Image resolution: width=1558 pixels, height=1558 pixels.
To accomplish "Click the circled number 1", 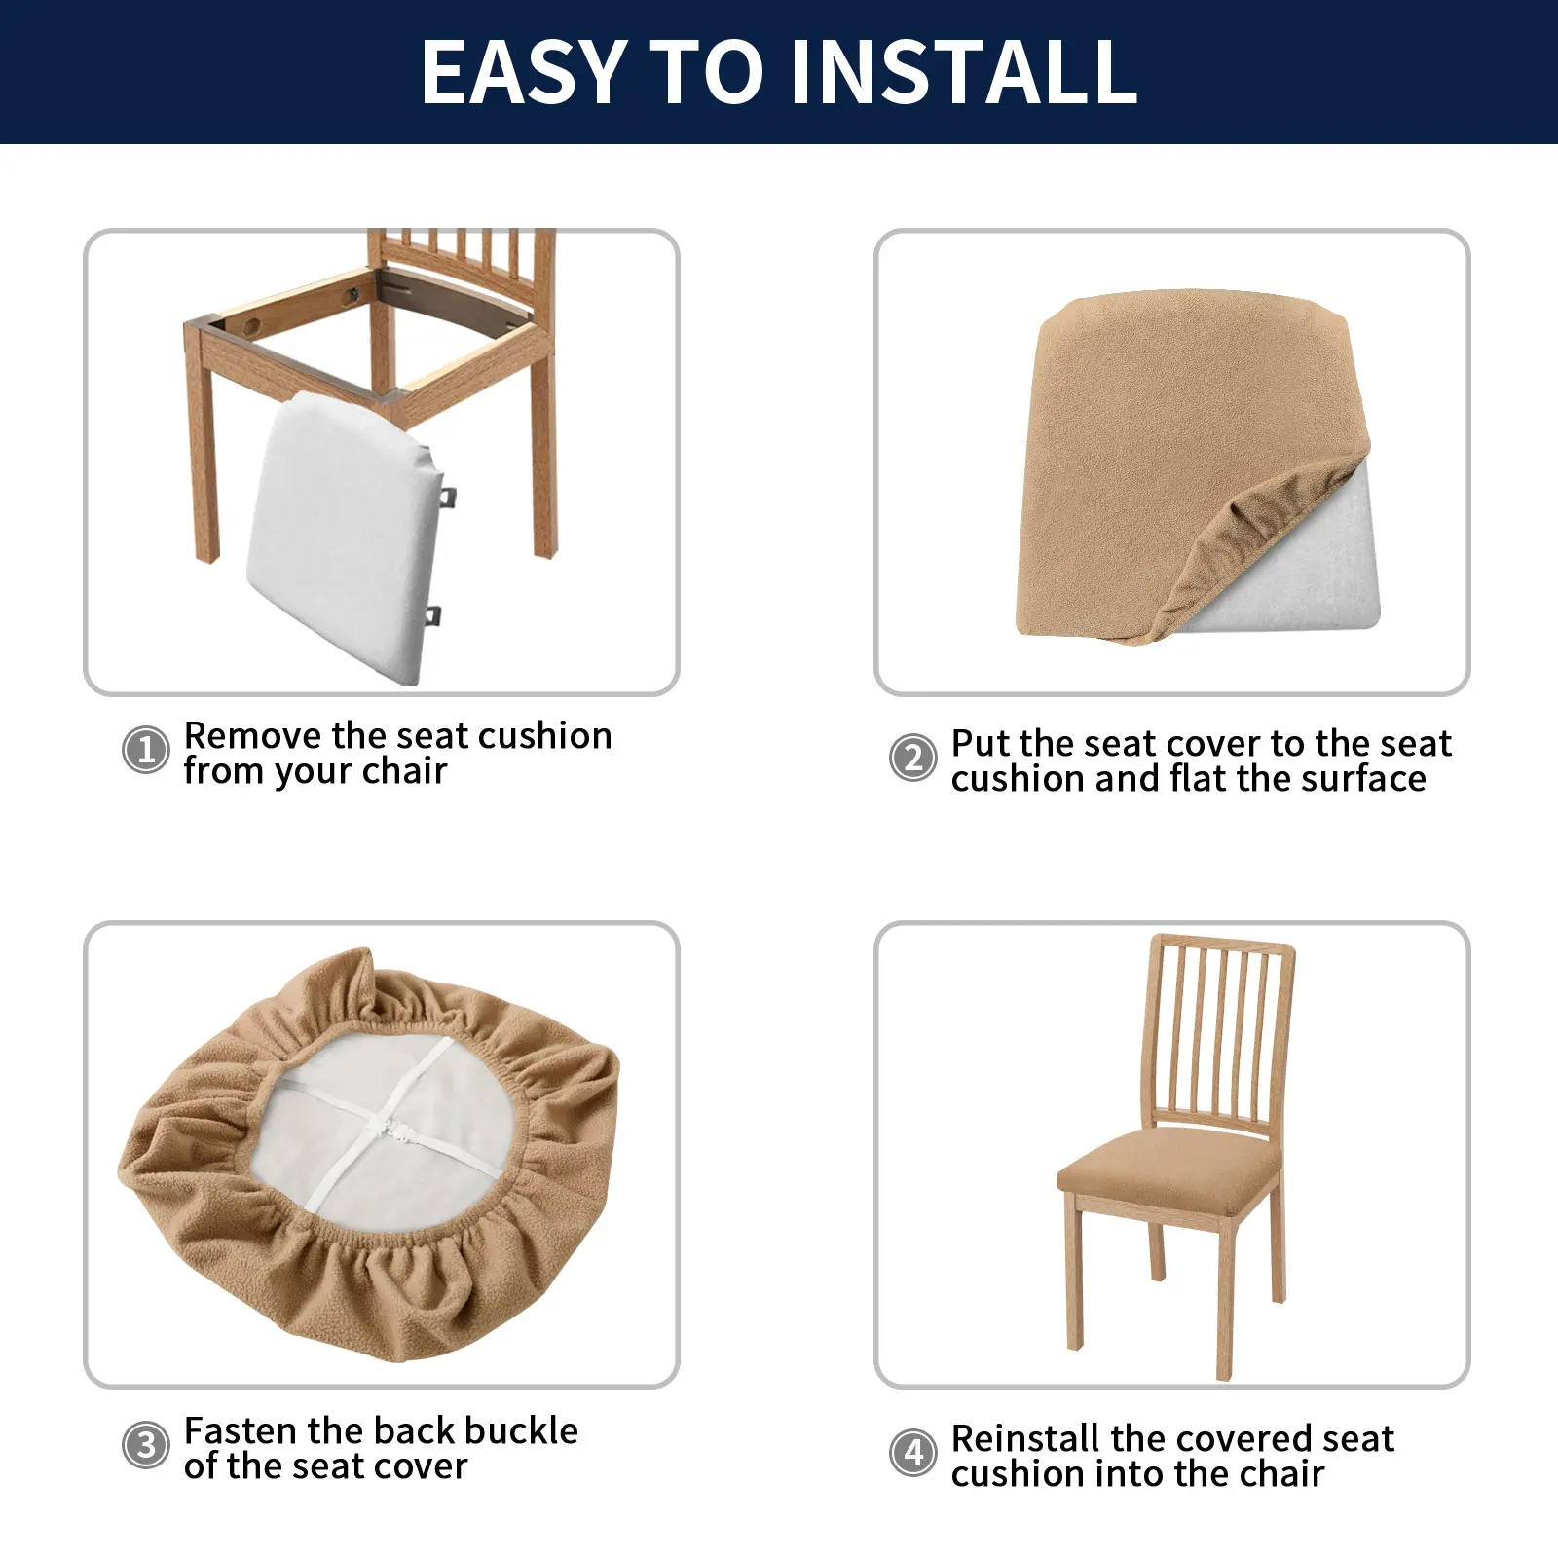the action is (x=146, y=751).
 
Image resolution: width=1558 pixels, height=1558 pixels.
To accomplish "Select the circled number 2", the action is (x=913, y=758).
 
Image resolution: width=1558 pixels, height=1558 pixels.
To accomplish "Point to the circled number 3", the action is (x=146, y=1446).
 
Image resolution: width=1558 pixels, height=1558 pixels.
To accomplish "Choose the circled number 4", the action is (x=913, y=1453).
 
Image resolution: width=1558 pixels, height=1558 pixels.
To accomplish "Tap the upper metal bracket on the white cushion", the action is (x=447, y=497).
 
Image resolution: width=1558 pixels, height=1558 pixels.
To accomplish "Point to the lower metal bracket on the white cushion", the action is (x=433, y=615).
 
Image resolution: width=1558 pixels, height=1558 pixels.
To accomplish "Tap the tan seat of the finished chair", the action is (x=1168, y=1168).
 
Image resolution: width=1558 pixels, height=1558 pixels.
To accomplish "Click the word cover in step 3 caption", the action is (x=420, y=1466).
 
